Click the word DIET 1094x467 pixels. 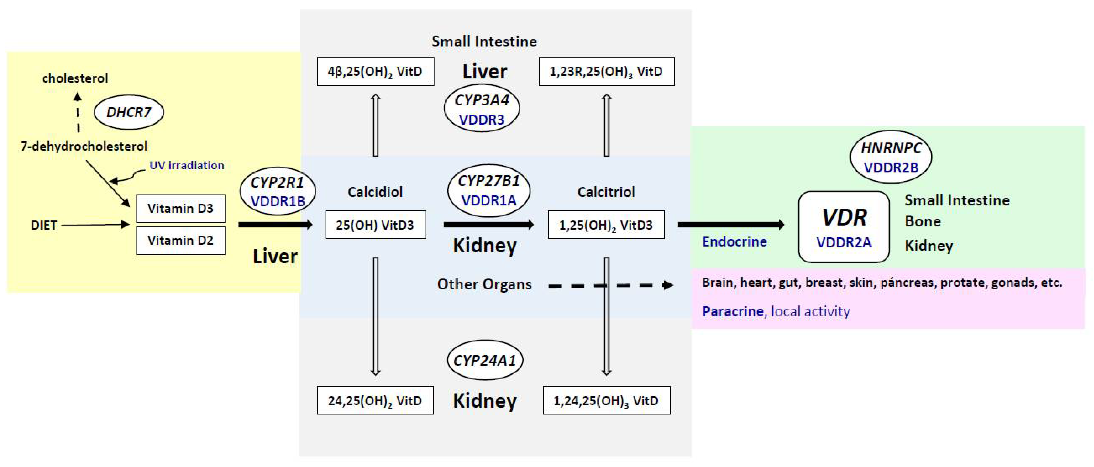click(44, 225)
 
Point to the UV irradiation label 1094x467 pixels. click(187, 165)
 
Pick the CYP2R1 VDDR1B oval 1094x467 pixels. click(278, 191)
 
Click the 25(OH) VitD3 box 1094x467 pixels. click(376, 225)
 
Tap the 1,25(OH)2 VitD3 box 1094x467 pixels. click(606, 225)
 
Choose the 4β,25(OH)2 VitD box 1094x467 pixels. click(376, 71)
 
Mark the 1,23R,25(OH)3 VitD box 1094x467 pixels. click(606, 71)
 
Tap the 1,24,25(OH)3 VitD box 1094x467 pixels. click(606, 400)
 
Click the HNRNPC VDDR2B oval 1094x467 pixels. click(891, 157)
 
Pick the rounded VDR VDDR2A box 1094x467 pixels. click(844, 227)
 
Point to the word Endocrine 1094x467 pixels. click(735, 241)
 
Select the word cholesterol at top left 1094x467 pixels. click(75, 78)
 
